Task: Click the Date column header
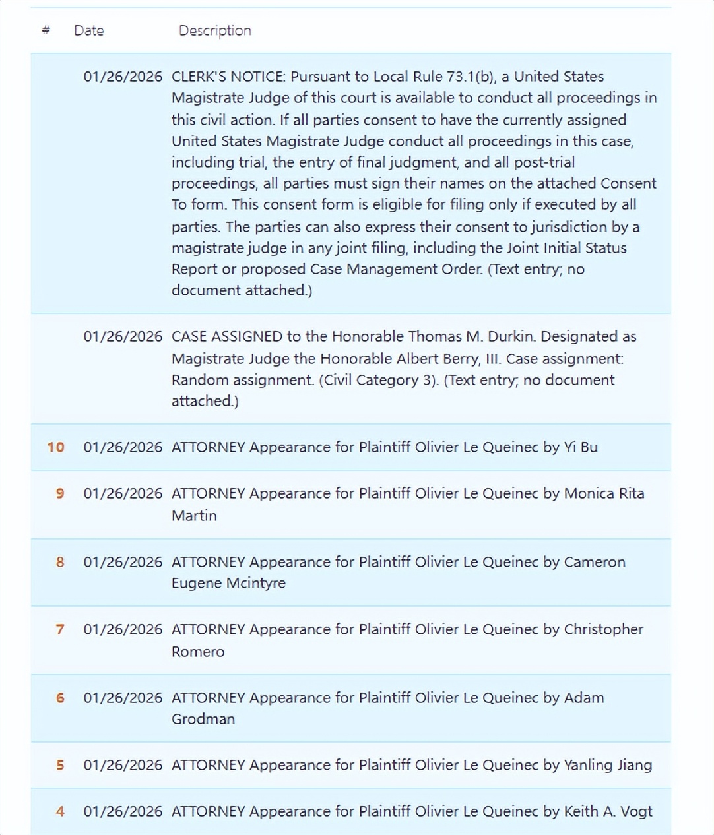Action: (x=88, y=30)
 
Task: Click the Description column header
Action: (x=214, y=30)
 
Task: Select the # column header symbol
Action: (x=46, y=30)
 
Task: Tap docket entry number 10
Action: (x=55, y=447)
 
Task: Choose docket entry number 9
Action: (x=60, y=493)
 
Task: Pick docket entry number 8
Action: (x=60, y=562)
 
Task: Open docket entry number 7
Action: (x=60, y=629)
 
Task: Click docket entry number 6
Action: (x=60, y=698)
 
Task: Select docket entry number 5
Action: (x=60, y=765)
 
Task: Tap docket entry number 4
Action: (x=60, y=811)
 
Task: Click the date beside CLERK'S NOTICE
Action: (x=123, y=77)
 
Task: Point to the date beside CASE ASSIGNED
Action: (x=123, y=336)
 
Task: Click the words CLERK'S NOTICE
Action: (x=228, y=77)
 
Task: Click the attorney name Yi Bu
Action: (x=581, y=447)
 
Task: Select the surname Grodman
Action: (x=203, y=719)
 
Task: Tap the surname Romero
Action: (x=198, y=652)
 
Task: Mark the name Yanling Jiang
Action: (x=608, y=765)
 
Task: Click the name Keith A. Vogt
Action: (x=608, y=811)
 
